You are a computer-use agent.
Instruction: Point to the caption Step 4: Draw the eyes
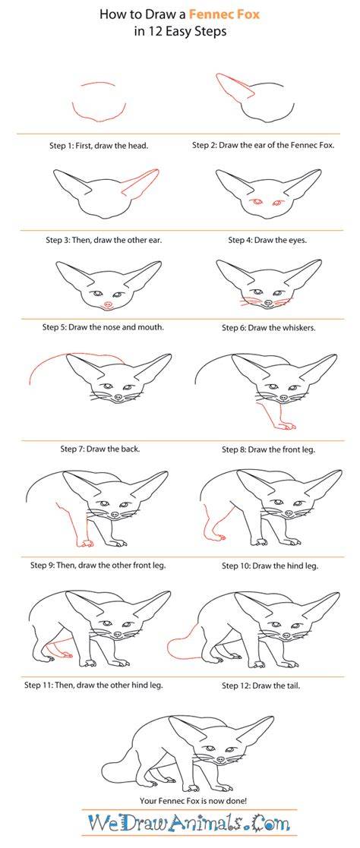[267, 240]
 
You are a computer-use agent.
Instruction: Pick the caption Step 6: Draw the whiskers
[269, 328]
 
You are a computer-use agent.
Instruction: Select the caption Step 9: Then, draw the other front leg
[98, 565]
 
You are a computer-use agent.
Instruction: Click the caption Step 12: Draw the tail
[261, 686]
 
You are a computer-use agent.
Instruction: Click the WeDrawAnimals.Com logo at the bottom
[189, 824]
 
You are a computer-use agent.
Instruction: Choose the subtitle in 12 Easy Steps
[180, 31]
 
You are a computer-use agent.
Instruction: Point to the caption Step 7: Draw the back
[100, 449]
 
